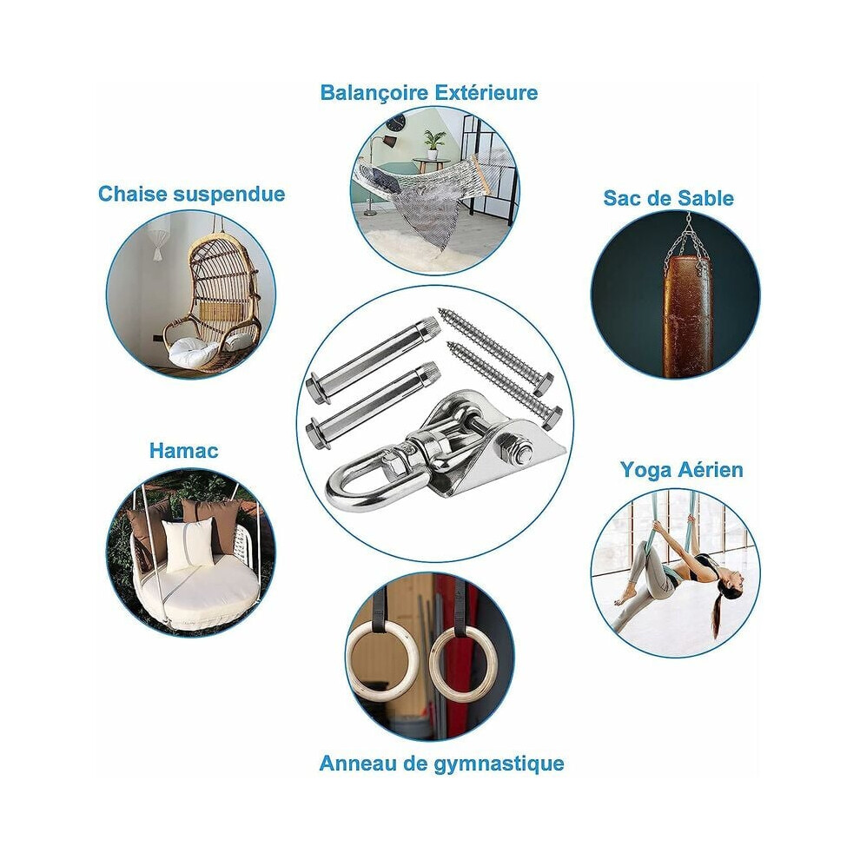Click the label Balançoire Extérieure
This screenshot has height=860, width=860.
coord(429,93)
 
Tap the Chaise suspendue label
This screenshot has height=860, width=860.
coord(191,195)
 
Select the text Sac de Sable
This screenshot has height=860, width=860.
coord(669,198)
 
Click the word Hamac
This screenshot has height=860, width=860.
coord(184,451)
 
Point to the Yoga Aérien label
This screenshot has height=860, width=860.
coord(682,470)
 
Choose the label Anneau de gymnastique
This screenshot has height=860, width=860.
coord(441,763)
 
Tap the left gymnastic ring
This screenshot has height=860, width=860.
coord(379,661)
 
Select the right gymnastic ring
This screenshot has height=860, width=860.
coord(460,665)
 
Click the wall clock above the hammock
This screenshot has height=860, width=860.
coord(396,122)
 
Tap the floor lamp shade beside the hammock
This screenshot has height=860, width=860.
coord(389,142)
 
